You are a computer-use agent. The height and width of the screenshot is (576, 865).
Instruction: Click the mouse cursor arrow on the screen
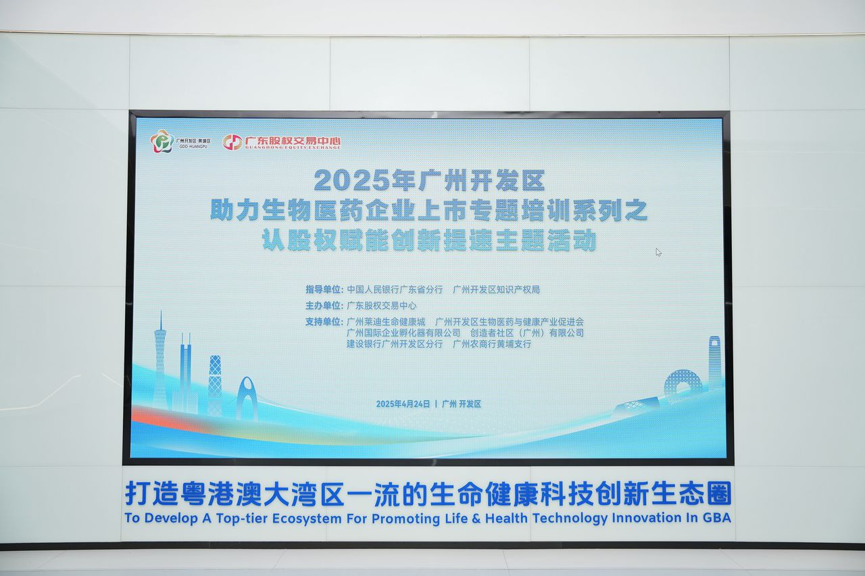pyautogui.click(x=658, y=253)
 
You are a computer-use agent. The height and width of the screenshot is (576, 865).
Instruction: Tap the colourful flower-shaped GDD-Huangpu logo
pyautogui.click(x=162, y=141)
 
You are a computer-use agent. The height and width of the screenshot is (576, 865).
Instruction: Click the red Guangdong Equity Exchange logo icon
pyautogui.click(x=232, y=142)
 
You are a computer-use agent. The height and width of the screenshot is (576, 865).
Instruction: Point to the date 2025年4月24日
pyautogui.click(x=403, y=404)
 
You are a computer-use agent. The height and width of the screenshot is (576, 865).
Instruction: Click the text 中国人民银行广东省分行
pyautogui.click(x=395, y=289)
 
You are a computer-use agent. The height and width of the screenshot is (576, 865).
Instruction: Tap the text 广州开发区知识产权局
pyautogui.click(x=496, y=289)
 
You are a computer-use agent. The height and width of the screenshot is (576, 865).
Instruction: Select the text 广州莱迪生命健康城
pyautogui.click(x=386, y=321)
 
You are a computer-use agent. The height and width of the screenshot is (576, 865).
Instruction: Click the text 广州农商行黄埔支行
pyautogui.click(x=492, y=344)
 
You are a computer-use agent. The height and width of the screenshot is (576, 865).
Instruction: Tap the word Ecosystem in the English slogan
pyautogui.click(x=307, y=519)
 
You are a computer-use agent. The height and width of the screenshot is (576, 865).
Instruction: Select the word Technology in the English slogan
pyautogui.click(x=570, y=519)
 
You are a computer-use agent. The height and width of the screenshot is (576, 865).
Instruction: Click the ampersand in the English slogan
pyautogui.click(x=476, y=518)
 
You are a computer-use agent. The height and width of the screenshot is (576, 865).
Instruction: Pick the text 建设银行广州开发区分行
pyautogui.click(x=395, y=344)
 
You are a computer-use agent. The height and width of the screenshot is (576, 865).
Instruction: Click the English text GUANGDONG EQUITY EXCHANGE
pyautogui.click(x=293, y=147)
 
